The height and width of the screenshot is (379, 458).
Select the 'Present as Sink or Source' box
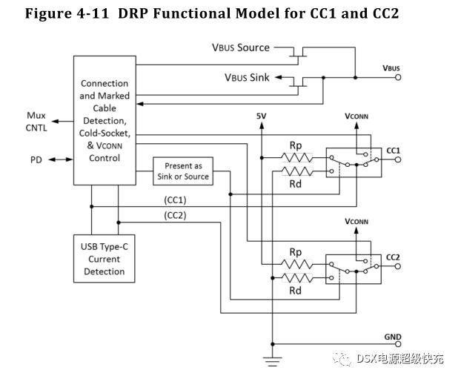pos(183,171)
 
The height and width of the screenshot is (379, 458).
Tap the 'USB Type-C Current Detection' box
pos(104,256)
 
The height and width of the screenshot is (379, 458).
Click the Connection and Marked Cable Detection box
pos(104,120)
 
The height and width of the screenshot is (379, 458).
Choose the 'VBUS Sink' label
pos(247,77)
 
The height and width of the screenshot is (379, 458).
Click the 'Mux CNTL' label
pos(36,122)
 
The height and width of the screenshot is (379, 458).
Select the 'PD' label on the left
pos(36,159)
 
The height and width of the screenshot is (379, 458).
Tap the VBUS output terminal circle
pos(398,77)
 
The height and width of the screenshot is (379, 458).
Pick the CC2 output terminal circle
pos(398,268)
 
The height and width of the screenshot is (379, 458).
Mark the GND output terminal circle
pos(398,344)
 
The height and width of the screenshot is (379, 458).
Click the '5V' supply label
pos(262,117)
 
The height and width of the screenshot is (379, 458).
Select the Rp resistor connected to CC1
pos(296,156)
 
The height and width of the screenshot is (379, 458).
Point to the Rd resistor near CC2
pos(296,278)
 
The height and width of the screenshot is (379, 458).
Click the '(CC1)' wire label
pos(175,200)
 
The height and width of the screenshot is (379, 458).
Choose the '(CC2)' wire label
pos(175,216)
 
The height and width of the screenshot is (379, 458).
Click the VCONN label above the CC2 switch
pos(356,221)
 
